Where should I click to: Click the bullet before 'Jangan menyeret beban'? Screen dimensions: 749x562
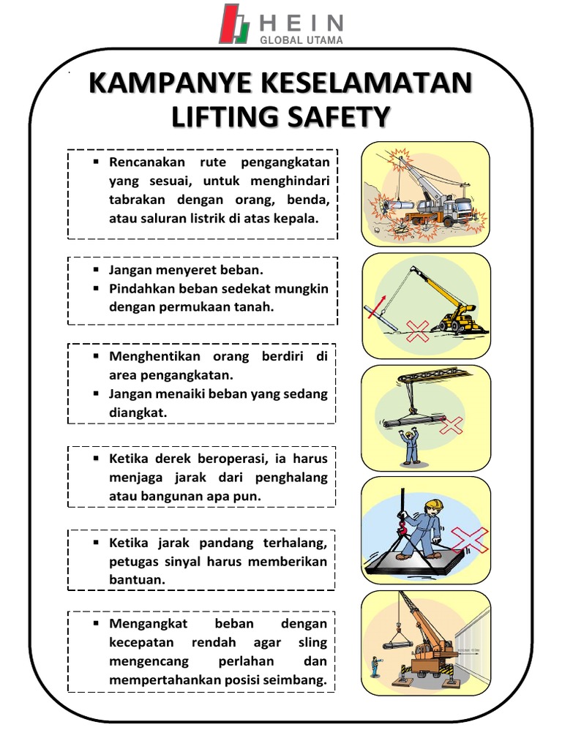pyautogui.click(x=96, y=269)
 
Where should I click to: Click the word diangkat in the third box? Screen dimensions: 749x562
pyautogui.click(x=138, y=413)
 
